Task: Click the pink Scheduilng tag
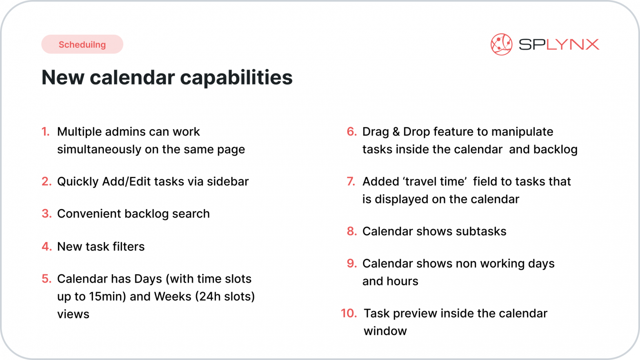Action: tap(82, 44)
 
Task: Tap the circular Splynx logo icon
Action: tap(501, 44)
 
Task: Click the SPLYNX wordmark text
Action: tap(559, 44)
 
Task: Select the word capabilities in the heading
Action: tap(236, 78)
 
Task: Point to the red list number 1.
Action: tap(45, 132)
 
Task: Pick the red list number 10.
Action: tap(349, 313)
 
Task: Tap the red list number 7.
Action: tap(351, 182)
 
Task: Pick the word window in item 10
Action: tap(385, 331)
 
